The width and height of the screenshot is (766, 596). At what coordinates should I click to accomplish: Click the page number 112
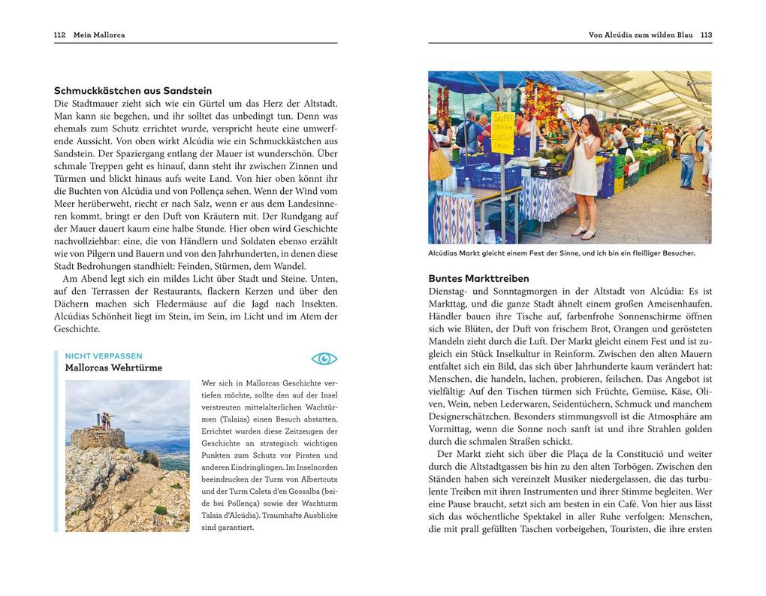coord(60,35)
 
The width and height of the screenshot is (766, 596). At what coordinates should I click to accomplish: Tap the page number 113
coord(706,35)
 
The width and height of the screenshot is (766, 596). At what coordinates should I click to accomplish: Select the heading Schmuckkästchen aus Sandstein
coord(133,91)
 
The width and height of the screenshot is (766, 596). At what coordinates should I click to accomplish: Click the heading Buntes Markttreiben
coord(478,278)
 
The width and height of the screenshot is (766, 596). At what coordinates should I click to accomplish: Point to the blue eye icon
coord(324,359)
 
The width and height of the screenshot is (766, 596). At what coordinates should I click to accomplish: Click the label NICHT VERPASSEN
coord(104,356)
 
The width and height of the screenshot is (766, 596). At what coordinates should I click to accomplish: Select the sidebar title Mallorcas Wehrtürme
coord(113,368)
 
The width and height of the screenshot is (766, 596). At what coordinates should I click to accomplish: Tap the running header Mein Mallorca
coord(99,35)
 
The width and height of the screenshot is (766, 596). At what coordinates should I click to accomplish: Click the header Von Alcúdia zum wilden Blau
coord(641,35)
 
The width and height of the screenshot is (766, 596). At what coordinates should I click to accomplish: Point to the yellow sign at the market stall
coord(502,132)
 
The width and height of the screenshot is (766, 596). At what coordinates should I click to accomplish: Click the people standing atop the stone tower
coord(107,420)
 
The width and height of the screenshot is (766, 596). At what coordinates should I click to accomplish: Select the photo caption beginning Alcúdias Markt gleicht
coord(562,253)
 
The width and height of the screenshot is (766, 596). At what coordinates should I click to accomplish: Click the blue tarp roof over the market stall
coord(518,80)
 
